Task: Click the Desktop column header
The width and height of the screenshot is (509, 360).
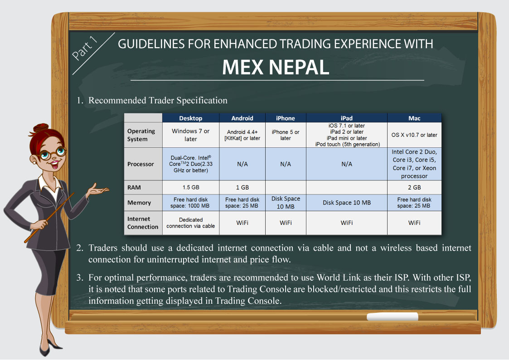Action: [190, 118]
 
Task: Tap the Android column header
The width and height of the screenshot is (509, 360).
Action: [242, 118]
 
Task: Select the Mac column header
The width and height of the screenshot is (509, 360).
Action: [414, 118]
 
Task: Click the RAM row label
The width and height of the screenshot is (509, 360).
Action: [134, 188]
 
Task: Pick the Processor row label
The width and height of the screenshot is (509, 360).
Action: [141, 164]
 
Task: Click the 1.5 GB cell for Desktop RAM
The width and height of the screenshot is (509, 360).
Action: [191, 187]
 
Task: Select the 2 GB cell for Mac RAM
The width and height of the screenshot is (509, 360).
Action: [414, 187]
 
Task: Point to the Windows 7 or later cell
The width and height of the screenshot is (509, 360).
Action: [190, 135]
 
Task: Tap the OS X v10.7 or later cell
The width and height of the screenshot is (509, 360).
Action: [414, 135]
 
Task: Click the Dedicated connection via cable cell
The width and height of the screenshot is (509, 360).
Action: [190, 223]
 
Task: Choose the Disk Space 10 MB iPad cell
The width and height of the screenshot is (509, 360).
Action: [347, 203]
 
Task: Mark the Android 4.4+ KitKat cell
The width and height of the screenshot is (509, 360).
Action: [242, 135]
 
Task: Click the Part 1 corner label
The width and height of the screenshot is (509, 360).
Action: [84, 49]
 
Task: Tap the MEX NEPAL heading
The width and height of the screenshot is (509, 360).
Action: [276, 68]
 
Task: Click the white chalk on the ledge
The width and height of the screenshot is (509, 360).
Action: [393, 316]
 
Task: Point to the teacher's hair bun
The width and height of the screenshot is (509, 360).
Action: [41, 127]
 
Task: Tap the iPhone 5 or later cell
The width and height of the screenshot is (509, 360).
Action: [286, 135]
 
